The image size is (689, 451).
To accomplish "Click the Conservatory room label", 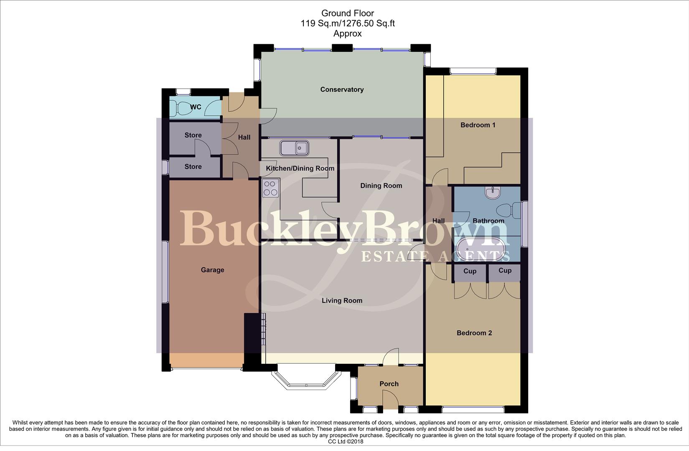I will (x=342, y=89).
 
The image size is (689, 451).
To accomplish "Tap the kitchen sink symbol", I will (x=295, y=148).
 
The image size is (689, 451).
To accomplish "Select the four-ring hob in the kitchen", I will (x=270, y=188).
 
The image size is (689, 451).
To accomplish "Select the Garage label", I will (x=212, y=270).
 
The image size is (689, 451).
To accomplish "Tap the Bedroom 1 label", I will (x=478, y=125).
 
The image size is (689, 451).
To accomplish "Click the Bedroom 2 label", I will (x=474, y=333).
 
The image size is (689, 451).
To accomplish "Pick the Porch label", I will (x=389, y=384).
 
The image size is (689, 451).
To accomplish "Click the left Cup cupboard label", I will (x=470, y=271).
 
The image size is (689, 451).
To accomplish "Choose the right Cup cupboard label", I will (x=505, y=271).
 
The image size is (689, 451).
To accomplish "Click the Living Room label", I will (x=342, y=301).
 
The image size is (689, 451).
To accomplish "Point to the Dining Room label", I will (x=381, y=186).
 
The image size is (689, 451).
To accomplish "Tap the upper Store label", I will (x=193, y=135).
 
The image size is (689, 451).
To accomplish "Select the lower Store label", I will (x=193, y=167).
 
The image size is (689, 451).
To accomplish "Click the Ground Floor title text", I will (x=348, y=13).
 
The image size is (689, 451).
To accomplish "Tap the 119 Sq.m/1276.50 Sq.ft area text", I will (x=348, y=23).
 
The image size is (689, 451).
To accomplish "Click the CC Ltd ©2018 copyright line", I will (x=346, y=441).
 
